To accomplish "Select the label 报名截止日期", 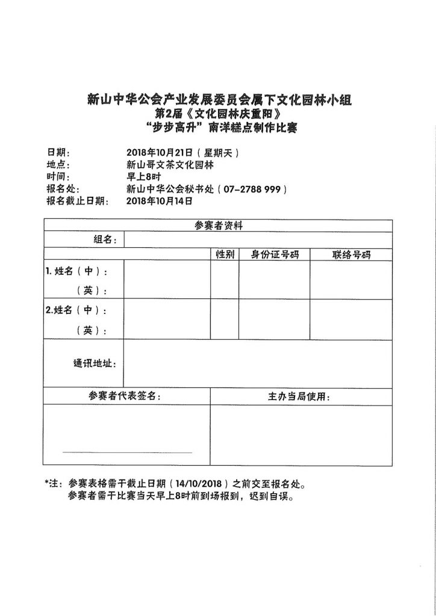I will click(x=77, y=201).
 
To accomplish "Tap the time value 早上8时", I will click(x=143, y=177).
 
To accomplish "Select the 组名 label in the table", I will click(x=105, y=239).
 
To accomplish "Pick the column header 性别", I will click(x=225, y=254).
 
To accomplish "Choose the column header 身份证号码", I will click(x=275, y=254).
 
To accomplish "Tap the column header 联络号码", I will click(x=351, y=254).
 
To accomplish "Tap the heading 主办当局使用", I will click(x=299, y=397).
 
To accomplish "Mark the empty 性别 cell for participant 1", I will click(x=225, y=280).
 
